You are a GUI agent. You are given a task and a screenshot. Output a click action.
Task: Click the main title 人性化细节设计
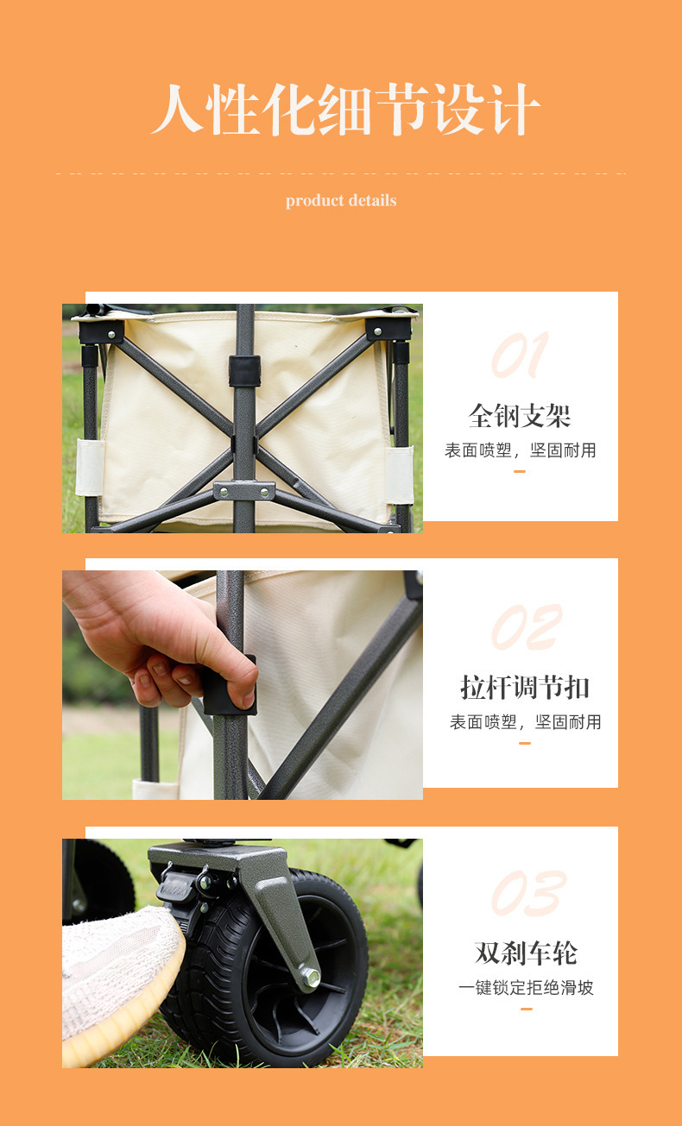[x=345, y=110]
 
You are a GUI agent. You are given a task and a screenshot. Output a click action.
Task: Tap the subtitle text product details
[x=341, y=200]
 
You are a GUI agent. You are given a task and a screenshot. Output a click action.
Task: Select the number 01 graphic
[x=520, y=355]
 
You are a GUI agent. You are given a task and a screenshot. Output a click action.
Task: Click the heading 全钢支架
[x=520, y=416]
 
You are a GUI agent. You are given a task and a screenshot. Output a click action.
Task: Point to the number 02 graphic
[x=526, y=626]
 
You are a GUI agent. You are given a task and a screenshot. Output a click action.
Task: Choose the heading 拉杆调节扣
[x=525, y=687]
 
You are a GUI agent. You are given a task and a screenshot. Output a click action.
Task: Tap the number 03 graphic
[x=528, y=893]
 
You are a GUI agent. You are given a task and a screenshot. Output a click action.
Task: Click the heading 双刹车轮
[x=526, y=953]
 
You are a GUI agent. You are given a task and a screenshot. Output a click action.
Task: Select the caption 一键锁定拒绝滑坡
[x=526, y=988]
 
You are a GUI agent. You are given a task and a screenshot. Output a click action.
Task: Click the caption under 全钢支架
[x=520, y=450]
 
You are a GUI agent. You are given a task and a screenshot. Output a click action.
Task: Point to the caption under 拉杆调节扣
[x=525, y=722]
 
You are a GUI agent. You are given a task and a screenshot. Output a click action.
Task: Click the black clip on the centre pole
[x=245, y=371]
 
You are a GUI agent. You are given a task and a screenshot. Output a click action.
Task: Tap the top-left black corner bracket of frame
[x=101, y=332]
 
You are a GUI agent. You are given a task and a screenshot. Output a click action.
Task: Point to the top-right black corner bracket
[x=388, y=329]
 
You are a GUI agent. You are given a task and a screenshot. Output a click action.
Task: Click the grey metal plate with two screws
[x=244, y=491]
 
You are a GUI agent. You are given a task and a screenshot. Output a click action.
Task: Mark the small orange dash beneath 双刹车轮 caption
[x=526, y=1009]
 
